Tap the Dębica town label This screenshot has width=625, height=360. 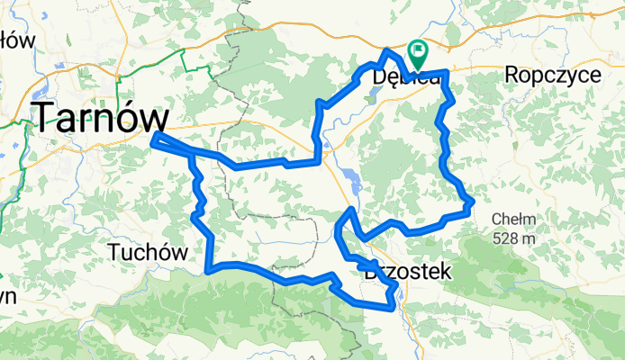[x=405, y=78]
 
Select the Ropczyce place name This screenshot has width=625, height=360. [x=553, y=75]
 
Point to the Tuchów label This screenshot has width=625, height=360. [x=147, y=253]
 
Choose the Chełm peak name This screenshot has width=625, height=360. [x=514, y=218]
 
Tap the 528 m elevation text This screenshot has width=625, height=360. [x=514, y=238]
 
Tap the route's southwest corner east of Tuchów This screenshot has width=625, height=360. [x=208, y=268]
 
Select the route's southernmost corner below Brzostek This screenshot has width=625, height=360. [x=391, y=307]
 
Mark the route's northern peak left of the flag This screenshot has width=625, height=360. [x=388, y=51]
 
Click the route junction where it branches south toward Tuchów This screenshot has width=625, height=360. [x=191, y=154]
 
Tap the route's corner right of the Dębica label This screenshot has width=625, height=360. [x=446, y=72]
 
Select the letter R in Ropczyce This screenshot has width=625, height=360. [x=512, y=75]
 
